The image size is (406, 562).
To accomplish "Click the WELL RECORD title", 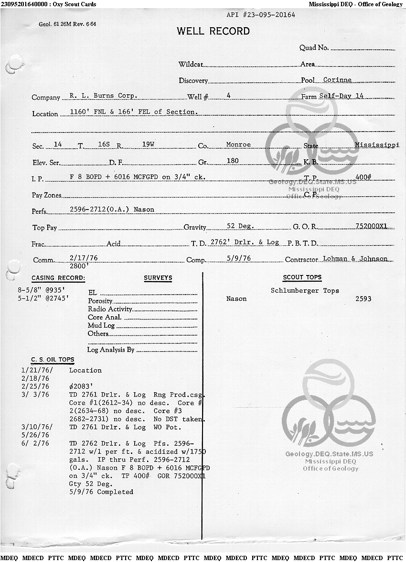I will pos(213,32).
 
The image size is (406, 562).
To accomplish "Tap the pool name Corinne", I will pos(337,80).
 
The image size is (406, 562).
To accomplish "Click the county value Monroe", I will pos(238,144).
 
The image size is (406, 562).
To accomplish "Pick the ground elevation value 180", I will pos(233,161).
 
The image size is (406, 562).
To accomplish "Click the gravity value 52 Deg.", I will pos(240,226).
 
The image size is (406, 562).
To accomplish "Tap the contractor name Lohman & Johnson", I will pos(355,259).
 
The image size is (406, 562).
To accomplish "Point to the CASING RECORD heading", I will pos(58,278).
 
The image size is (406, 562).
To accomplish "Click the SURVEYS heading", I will pos(158,278).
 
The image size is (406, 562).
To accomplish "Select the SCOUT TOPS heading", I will pos(302,277).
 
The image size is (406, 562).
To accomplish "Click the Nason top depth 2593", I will pos(363,299).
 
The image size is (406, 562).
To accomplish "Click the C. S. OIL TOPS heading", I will pos(53,360).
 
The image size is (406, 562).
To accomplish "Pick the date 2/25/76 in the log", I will pos(35,386).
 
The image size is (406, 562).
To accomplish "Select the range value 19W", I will pos(138,144).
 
